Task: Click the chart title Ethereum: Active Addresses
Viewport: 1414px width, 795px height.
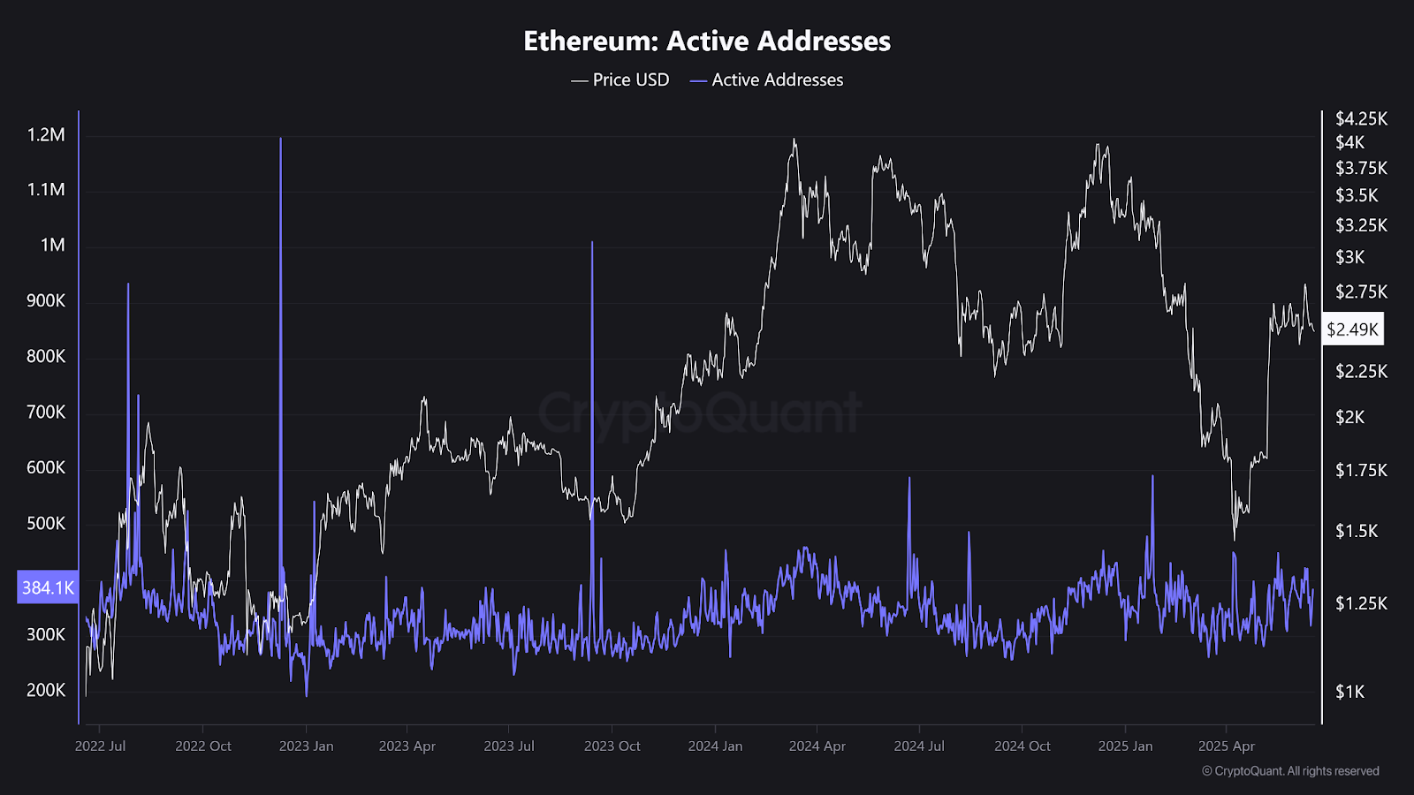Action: [x=707, y=41]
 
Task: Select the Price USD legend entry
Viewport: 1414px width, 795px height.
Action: [x=620, y=79]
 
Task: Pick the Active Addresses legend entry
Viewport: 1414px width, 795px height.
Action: [x=767, y=79]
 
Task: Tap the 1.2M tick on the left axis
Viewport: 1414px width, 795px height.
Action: [x=46, y=135]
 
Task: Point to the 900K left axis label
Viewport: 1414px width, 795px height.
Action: [x=46, y=300]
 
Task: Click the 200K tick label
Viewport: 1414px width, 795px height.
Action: [x=46, y=690]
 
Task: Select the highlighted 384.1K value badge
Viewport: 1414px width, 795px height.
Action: [x=48, y=587]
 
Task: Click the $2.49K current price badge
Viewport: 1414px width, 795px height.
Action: [x=1352, y=329]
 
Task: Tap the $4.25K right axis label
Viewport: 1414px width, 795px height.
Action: [x=1361, y=118]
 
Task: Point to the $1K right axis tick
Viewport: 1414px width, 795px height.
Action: [x=1349, y=692]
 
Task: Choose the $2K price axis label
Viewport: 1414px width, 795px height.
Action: [x=1349, y=417]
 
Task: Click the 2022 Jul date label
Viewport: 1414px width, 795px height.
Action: [x=100, y=746]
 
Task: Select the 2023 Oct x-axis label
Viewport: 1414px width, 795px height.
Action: [x=612, y=746]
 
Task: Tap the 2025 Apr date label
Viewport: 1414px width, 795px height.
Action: [x=1226, y=746]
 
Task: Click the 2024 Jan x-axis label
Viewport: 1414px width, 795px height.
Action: [x=715, y=746]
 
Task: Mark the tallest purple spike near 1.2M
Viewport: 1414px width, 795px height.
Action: [x=281, y=140]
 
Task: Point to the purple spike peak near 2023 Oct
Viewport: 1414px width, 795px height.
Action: [x=592, y=243]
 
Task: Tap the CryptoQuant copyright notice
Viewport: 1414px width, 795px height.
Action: [x=1290, y=771]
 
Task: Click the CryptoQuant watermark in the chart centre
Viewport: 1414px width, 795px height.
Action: [x=699, y=413]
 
